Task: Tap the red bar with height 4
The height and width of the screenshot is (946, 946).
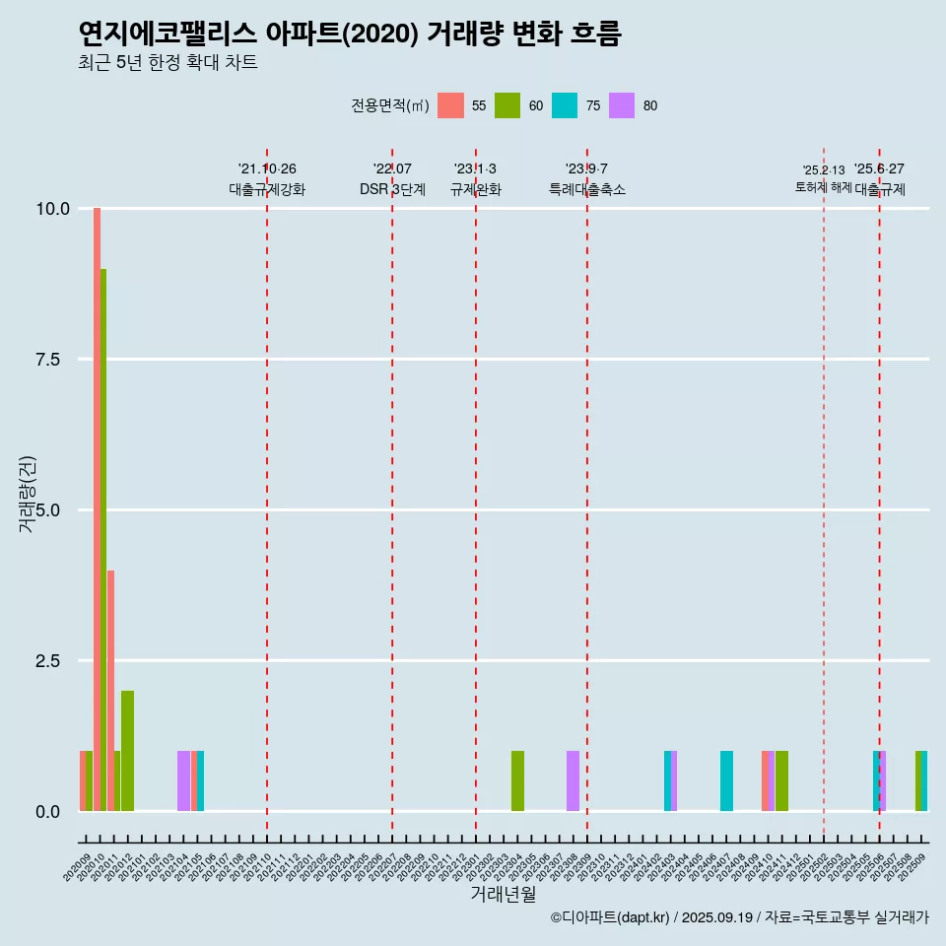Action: pos(110,690)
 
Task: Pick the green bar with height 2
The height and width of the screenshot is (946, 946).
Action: pos(127,751)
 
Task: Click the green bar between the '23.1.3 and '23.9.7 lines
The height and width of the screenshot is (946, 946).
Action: pos(517,780)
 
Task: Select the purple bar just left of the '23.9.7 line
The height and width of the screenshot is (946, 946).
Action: pos(573,780)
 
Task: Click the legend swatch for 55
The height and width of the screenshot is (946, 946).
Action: pos(450,105)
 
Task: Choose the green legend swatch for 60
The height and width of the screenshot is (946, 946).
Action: pos(507,105)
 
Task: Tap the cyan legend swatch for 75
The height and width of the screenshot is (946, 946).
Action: pos(565,105)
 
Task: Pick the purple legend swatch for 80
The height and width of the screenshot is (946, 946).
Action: pos(622,105)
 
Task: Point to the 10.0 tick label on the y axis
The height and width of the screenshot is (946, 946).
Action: pos(52,209)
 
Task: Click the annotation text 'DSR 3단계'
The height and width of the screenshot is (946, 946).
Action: pos(392,189)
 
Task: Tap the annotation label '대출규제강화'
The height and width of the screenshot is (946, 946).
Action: pos(267,189)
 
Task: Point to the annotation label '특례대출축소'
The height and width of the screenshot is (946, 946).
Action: pos(587,189)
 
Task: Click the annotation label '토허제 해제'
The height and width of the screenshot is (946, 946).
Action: pos(823,187)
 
